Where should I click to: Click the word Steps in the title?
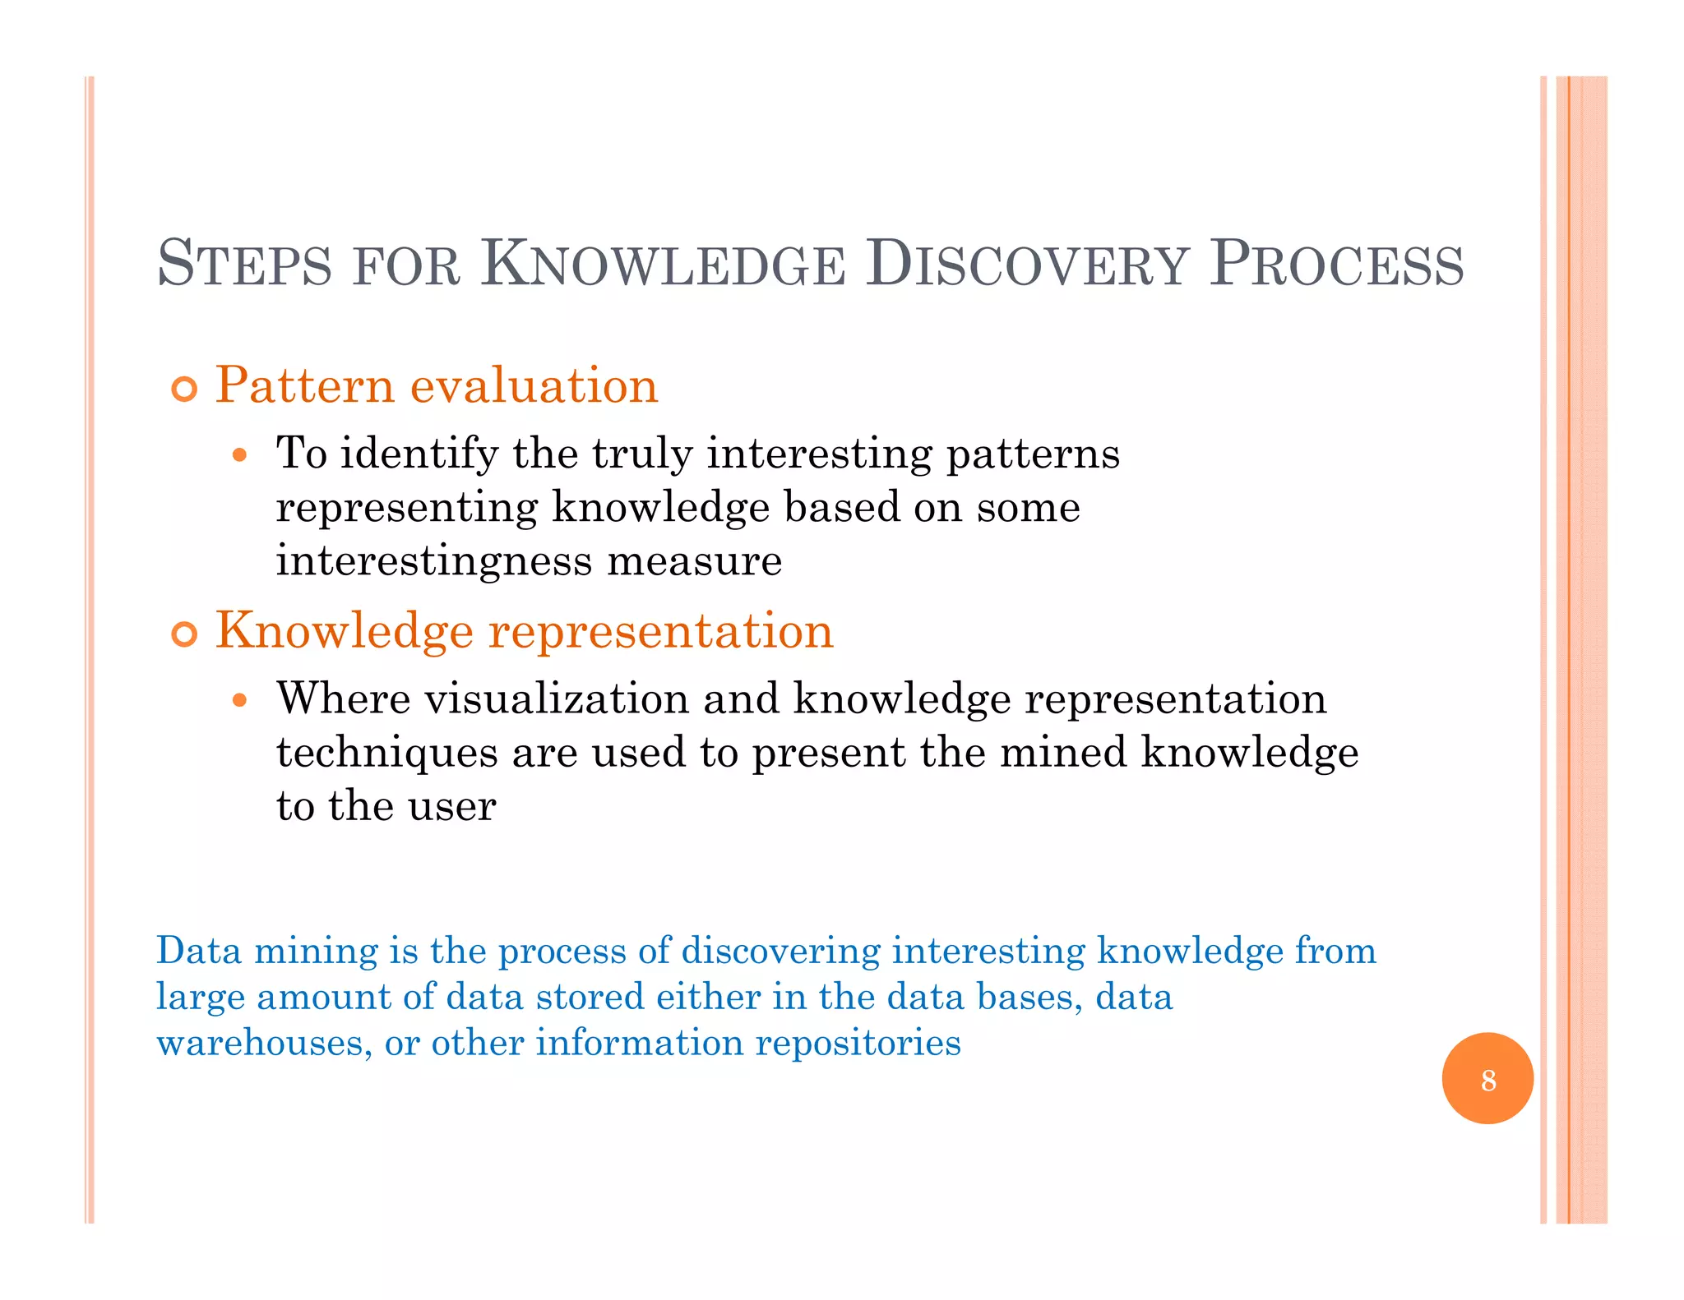point(244,265)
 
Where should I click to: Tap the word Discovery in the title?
point(1027,265)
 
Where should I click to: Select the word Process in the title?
point(1336,265)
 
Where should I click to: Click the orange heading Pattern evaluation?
point(437,385)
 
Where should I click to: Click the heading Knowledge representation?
point(524,631)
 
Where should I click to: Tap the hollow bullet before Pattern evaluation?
point(185,389)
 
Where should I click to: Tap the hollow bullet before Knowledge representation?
point(185,634)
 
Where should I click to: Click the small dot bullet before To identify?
point(239,454)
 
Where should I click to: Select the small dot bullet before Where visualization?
point(239,700)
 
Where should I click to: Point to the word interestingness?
point(433,561)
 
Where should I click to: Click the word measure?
point(695,561)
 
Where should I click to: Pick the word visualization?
point(556,699)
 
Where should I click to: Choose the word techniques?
point(386,754)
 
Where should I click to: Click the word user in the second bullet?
point(451,806)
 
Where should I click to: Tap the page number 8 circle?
point(1487,1078)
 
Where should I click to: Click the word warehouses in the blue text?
point(259,1044)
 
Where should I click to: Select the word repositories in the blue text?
point(858,1044)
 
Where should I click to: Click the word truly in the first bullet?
point(642,454)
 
